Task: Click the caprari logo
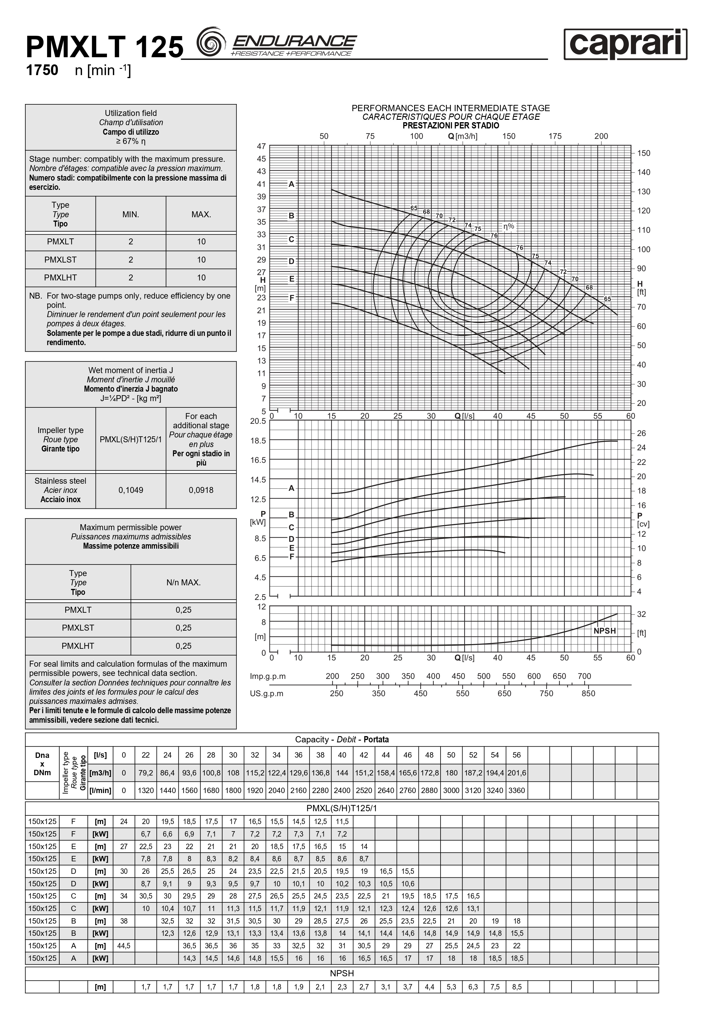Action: [x=625, y=44]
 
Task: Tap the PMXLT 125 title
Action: [x=105, y=47]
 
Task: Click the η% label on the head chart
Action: [x=508, y=226]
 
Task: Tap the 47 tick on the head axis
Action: [x=261, y=146]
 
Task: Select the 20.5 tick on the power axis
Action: [x=258, y=421]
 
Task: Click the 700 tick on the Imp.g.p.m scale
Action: [x=584, y=676]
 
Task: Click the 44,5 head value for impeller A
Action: [x=124, y=945]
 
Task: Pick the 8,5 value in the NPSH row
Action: [x=517, y=987]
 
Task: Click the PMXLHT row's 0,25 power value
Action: [x=183, y=646]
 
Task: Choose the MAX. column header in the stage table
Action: [x=201, y=214]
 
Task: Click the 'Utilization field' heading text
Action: [x=130, y=113]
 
